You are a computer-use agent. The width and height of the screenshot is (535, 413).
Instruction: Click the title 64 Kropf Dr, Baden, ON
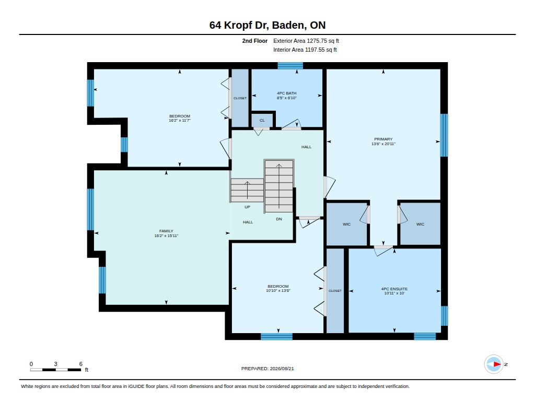pyautogui.click(x=267, y=25)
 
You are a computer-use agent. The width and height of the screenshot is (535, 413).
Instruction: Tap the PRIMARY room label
pyautogui.click(x=383, y=139)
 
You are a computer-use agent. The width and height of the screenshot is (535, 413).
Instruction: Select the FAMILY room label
pyautogui.click(x=166, y=231)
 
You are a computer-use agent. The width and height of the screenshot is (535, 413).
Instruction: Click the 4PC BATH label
pyautogui.click(x=287, y=93)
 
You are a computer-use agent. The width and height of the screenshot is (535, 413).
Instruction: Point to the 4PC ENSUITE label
pyautogui.click(x=394, y=289)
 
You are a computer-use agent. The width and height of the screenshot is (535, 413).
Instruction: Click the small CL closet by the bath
pyautogui.click(x=262, y=121)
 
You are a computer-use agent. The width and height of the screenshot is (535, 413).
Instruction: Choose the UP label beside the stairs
pyautogui.click(x=247, y=207)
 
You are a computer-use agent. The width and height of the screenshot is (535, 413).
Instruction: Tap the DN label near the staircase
pyautogui.click(x=279, y=219)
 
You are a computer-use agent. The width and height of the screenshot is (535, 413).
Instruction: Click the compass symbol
pyautogui.click(x=494, y=364)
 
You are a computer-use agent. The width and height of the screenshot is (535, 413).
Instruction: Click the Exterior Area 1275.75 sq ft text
pyautogui.click(x=306, y=41)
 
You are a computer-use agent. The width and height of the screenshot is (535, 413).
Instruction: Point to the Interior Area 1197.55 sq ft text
pyautogui.click(x=305, y=50)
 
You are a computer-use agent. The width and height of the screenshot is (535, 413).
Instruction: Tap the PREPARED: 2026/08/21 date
pyautogui.click(x=267, y=369)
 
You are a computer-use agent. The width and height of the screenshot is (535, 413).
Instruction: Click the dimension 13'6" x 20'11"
pyautogui.click(x=383, y=144)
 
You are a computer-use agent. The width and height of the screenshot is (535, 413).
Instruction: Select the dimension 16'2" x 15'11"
pyautogui.click(x=166, y=235)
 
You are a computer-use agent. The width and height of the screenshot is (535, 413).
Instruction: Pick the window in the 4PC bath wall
pyautogui.click(x=290, y=66)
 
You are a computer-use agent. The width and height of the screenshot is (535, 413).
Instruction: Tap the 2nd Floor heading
pyautogui.click(x=255, y=41)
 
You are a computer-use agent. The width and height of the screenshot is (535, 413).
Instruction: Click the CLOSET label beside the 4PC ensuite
pyautogui.click(x=335, y=291)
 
